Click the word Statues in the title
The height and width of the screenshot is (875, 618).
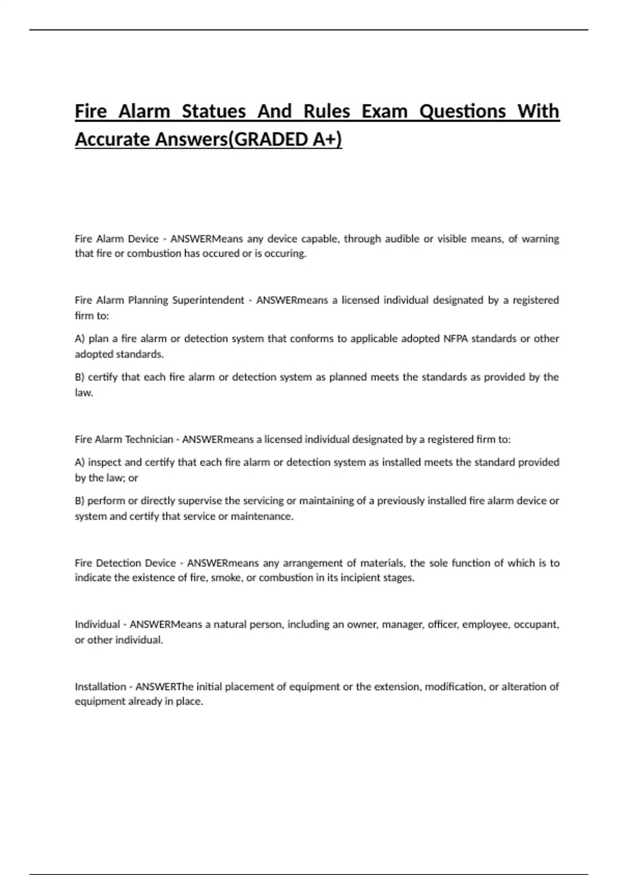[214, 111]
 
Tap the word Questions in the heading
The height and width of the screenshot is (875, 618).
[462, 111]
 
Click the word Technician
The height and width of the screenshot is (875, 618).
[149, 439]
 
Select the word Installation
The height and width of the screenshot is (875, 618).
[100, 687]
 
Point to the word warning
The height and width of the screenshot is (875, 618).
[540, 239]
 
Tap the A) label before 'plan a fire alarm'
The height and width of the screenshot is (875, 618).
[80, 339]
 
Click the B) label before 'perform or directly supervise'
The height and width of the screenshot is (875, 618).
[79, 501]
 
